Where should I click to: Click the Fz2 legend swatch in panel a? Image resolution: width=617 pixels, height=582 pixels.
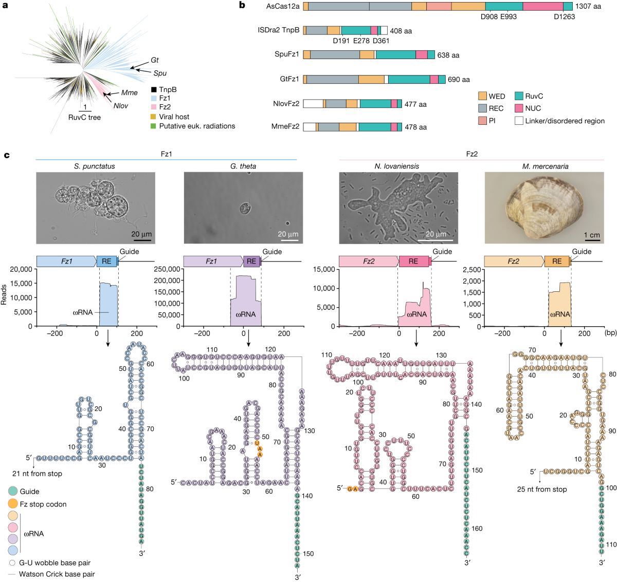[154, 107]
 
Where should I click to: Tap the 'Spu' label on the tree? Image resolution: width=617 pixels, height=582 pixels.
[160, 73]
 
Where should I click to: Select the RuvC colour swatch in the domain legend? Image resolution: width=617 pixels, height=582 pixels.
[519, 96]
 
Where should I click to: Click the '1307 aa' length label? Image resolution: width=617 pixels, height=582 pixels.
[588, 7]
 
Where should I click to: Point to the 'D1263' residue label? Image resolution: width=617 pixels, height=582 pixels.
[564, 16]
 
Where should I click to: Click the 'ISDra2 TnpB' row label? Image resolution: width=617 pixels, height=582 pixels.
[278, 30]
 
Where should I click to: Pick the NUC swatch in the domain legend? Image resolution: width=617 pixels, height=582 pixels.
[519, 108]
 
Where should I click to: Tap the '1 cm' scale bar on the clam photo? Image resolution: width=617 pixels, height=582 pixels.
[592, 236]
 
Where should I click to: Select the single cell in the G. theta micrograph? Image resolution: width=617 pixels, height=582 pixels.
[245, 209]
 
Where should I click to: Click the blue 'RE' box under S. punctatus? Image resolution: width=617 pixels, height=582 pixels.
[106, 261]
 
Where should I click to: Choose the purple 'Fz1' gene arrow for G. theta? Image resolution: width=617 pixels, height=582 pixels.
[212, 261]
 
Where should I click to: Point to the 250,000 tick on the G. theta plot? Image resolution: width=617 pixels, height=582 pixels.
[167, 269]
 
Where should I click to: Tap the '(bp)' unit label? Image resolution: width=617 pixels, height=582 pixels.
[610, 333]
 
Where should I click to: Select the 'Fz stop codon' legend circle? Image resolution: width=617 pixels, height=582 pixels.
[13, 504]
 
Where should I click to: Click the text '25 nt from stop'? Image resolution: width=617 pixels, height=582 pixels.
[542, 489]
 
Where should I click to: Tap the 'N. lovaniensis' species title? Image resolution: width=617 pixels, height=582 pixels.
[396, 166]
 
